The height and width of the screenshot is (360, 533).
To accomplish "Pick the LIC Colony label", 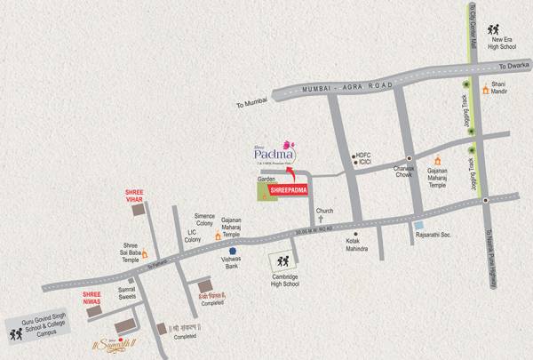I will coord(193,235).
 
